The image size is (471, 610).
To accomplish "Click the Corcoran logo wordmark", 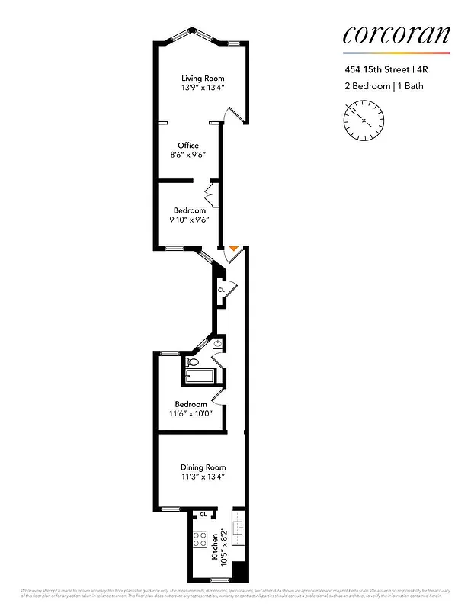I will (396, 34).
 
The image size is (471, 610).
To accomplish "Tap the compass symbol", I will (364, 120).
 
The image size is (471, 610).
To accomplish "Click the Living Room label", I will (203, 78).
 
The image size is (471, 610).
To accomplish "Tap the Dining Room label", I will (203, 467).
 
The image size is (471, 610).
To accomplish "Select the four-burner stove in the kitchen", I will (200, 539).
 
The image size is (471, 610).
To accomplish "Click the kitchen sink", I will (239, 527).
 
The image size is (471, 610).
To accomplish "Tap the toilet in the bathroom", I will (193, 362).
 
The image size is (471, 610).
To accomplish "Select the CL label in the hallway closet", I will (221, 290).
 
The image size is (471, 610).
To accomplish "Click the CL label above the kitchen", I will (203, 515).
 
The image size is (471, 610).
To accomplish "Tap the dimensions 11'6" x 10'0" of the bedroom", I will (191, 413).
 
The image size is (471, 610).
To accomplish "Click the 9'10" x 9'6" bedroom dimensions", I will (189, 220).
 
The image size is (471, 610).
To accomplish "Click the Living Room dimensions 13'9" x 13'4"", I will (203, 88).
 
